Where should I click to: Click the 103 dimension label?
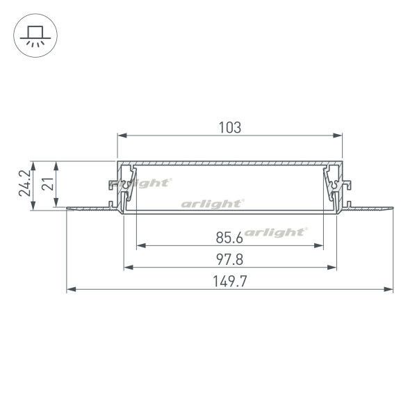[x=230, y=127]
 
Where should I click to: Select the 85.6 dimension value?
[x=229, y=238]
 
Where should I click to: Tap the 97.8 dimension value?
[x=230, y=260]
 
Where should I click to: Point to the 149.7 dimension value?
[x=230, y=281]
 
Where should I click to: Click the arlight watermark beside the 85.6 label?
[x=275, y=232]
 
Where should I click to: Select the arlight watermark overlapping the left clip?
[x=149, y=183]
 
